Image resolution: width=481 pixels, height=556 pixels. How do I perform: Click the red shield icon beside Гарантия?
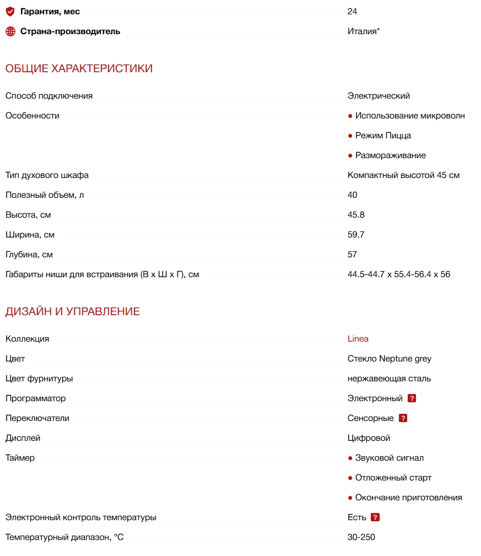click(10, 12)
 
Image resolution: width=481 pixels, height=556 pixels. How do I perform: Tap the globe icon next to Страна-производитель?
click(10, 31)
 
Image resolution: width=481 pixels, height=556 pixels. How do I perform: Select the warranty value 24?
click(353, 12)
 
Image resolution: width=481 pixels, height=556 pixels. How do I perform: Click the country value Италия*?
click(364, 31)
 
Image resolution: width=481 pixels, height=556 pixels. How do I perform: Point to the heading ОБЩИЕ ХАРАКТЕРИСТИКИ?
click(79, 69)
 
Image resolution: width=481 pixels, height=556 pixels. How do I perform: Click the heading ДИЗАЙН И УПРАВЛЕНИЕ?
click(73, 312)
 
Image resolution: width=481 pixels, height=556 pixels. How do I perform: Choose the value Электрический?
click(379, 96)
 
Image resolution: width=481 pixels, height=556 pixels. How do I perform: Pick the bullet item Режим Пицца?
click(383, 136)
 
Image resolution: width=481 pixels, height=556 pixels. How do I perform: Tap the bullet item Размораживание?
click(390, 155)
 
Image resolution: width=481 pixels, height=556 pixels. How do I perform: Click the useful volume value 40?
click(353, 195)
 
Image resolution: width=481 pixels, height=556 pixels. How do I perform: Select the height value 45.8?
click(356, 215)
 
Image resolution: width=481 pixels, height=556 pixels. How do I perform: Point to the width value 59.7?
click(356, 235)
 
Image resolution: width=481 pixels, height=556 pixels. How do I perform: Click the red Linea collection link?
click(358, 339)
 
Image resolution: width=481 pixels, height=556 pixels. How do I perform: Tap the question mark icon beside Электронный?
click(412, 398)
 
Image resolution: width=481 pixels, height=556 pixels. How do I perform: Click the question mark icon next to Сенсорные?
click(403, 418)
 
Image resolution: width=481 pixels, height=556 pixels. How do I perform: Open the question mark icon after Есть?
click(375, 517)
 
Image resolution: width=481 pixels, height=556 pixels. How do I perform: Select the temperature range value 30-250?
click(361, 537)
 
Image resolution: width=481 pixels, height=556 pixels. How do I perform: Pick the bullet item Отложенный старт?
click(393, 478)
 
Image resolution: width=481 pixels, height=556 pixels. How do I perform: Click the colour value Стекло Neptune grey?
click(390, 359)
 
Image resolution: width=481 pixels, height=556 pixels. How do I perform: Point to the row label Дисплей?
click(23, 438)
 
